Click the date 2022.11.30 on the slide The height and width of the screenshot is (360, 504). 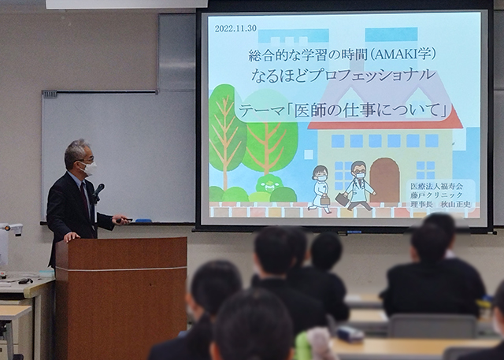pos(235,28)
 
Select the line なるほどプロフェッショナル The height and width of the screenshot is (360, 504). pos(343,76)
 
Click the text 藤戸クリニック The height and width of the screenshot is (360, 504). pos(436,195)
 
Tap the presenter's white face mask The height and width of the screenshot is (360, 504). pos(89,168)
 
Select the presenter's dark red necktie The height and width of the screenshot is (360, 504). pos(85,199)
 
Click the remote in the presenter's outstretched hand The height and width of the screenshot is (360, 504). pos(124,221)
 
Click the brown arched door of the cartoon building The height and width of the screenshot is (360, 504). pos(384,180)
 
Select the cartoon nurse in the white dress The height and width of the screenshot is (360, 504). pos(320,189)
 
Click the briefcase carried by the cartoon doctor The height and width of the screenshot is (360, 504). pos(342,199)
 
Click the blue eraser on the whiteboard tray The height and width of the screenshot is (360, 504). pos(143,221)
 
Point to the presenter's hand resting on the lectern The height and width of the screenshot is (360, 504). pos(72,236)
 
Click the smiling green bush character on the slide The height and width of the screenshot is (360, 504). pos(269,184)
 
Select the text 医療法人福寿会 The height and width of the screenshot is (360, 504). pos(436,186)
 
